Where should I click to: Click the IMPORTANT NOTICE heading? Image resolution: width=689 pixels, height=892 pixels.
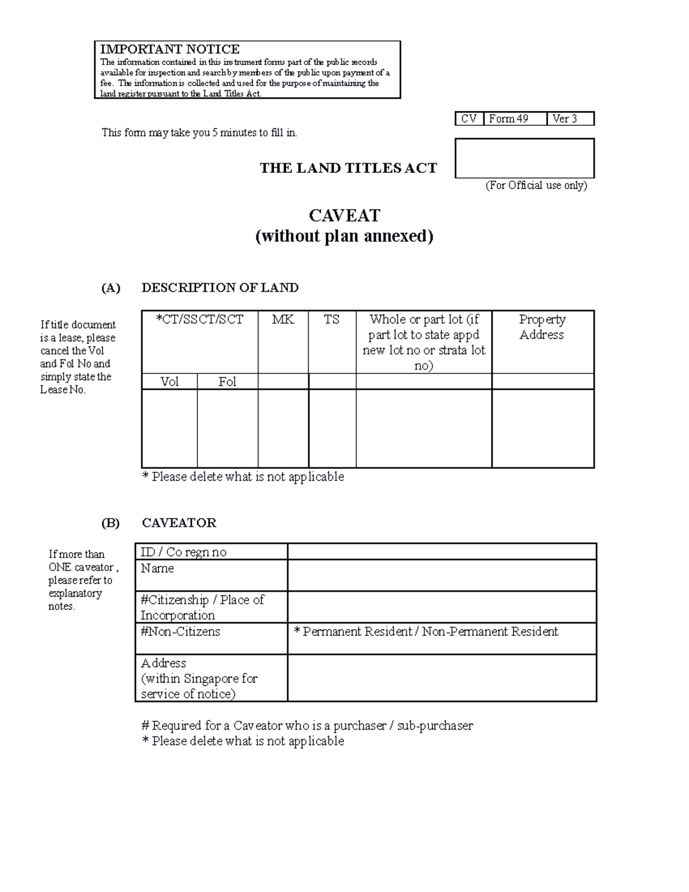coord(169,49)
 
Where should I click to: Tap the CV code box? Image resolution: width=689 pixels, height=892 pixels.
coord(469,119)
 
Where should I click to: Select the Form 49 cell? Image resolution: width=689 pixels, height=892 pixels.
coord(514,119)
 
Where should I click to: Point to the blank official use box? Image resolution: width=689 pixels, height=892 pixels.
coord(524,158)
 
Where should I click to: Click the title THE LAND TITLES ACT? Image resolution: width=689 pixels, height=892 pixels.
coord(348,168)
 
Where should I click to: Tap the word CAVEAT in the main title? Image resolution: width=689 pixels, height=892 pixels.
coord(344,215)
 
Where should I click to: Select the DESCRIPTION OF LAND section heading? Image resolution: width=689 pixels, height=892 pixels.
coord(220,288)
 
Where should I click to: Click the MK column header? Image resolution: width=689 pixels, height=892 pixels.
coord(282,320)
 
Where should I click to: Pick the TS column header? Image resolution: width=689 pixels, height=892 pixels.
coord(332,320)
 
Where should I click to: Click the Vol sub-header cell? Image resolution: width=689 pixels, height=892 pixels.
coord(169,382)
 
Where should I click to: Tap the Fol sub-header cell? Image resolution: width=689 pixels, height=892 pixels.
coord(227,382)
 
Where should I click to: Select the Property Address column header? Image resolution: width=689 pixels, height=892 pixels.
coord(542,327)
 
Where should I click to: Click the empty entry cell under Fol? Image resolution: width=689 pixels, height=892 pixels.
coord(227,428)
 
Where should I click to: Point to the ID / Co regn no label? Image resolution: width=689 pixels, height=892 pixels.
coord(184,552)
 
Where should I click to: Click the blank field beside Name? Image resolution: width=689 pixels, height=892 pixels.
coord(442,576)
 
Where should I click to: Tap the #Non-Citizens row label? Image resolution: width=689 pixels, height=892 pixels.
coord(180,632)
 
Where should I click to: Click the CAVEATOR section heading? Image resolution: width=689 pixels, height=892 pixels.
coord(179,523)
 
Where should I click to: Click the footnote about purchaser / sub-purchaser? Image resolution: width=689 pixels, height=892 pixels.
coord(307,726)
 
